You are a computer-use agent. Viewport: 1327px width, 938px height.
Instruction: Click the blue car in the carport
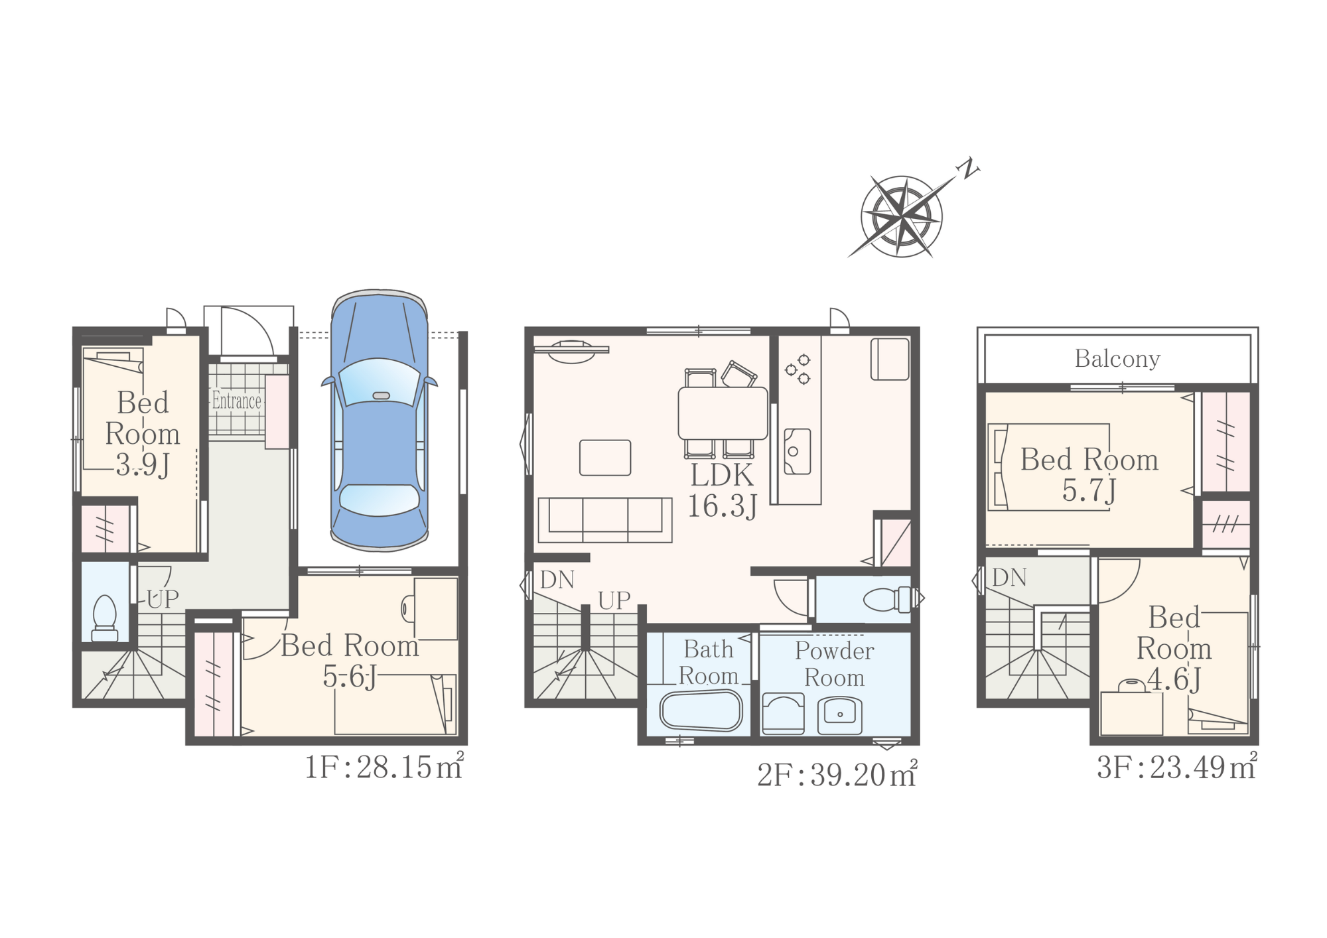click(379, 421)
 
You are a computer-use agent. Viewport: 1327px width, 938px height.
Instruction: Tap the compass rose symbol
click(902, 216)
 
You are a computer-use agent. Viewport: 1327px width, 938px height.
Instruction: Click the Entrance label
click(237, 401)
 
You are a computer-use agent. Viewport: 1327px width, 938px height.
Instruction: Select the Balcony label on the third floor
click(1117, 359)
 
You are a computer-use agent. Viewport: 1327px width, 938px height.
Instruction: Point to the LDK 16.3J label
click(722, 490)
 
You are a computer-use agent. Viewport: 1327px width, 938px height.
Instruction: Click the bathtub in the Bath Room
click(701, 711)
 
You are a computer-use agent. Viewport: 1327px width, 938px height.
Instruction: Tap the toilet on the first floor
click(105, 618)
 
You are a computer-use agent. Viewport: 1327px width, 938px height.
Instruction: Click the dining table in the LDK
click(723, 413)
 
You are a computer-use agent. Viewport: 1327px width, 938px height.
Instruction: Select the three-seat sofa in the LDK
click(605, 519)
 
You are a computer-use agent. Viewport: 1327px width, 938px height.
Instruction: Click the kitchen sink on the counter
click(797, 451)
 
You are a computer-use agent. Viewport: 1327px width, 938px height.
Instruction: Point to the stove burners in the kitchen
click(798, 369)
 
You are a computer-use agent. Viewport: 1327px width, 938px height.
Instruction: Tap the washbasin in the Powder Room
click(839, 714)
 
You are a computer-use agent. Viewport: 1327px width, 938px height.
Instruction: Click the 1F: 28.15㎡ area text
click(384, 767)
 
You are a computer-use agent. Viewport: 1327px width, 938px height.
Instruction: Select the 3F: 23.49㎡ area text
click(1176, 766)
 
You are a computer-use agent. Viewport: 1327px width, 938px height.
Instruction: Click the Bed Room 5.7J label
click(1089, 475)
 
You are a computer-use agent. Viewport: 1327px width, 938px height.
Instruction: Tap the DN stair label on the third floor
click(1009, 578)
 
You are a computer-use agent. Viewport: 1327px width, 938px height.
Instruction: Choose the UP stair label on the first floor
click(163, 599)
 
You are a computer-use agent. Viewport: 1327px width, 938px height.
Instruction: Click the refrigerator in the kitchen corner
click(890, 359)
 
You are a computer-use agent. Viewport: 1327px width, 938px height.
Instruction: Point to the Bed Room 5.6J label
click(350, 661)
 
